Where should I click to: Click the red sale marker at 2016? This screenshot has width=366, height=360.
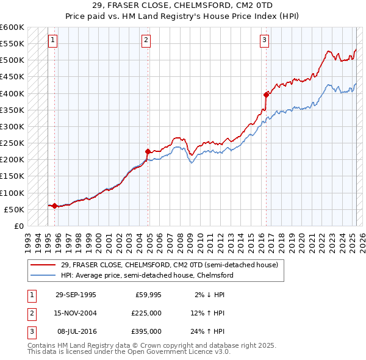pos(266,95)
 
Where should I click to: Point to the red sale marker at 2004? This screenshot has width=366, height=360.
pos(148,151)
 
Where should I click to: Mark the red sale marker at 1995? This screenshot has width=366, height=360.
pos(54,206)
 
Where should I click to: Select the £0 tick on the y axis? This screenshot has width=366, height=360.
pos(19,226)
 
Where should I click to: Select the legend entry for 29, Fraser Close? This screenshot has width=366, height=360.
pos(169,265)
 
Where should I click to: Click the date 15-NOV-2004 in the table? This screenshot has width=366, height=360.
pos(76,313)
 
